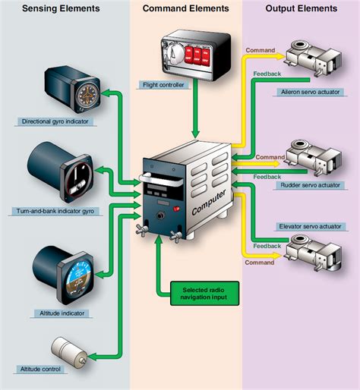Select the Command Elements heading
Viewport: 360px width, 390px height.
point(185,8)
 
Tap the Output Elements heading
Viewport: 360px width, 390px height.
point(302,8)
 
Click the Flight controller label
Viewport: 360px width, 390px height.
point(163,85)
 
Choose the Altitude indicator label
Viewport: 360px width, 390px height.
point(62,313)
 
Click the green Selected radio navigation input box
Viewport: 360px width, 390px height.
point(199,291)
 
